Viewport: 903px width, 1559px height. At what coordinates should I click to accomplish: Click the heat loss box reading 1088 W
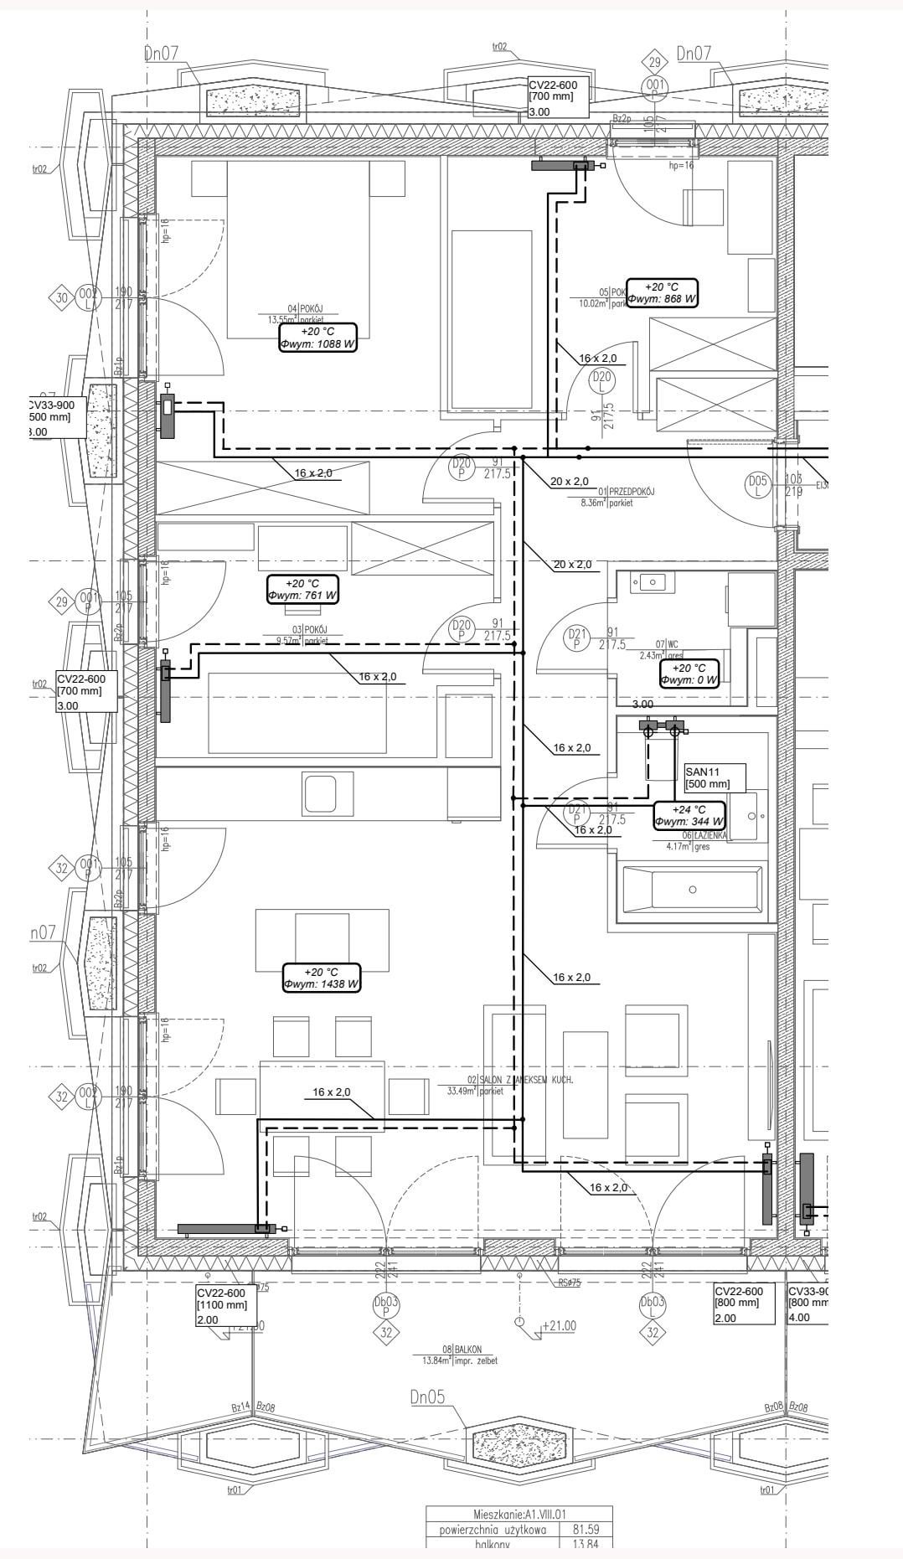click(317, 337)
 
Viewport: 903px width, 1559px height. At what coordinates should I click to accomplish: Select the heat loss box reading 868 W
click(662, 292)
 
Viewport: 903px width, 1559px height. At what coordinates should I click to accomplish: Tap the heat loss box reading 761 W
click(303, 589)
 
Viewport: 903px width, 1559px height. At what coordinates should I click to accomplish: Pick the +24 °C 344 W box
click(689, 815)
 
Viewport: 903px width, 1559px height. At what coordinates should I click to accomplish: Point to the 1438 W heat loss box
click(322, 978)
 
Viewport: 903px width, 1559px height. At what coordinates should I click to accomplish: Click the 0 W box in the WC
click(689, 674)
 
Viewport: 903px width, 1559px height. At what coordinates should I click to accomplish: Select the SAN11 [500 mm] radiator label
click(714, 777)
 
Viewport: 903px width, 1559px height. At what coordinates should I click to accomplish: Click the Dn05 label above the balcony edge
click(427, 1396)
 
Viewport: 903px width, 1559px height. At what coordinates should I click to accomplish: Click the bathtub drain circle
click(692, 889)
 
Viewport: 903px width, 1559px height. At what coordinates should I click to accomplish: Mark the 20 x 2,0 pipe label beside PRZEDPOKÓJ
click(570, 482)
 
